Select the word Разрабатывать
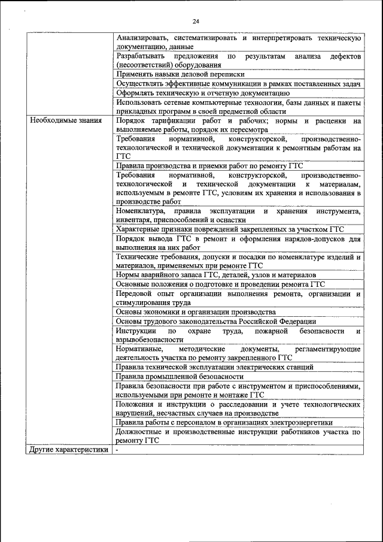[141, 55]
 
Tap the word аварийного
[160, 274]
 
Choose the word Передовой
[135, 293]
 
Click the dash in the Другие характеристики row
[118, 449]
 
